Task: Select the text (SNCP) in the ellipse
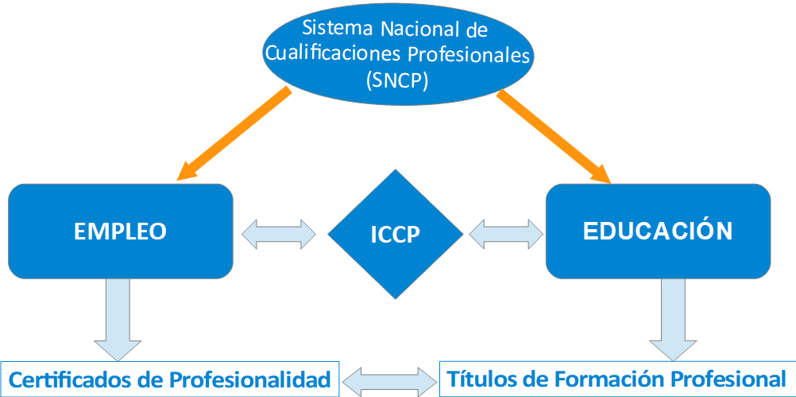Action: point(398,80)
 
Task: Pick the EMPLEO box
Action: point(120,231)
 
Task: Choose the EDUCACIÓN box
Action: point(658,231)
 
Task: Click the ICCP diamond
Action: point(395,235)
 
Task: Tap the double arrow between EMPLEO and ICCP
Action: point(278,232)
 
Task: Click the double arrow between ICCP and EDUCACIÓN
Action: point(506,233)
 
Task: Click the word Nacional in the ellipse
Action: point(417,30)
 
